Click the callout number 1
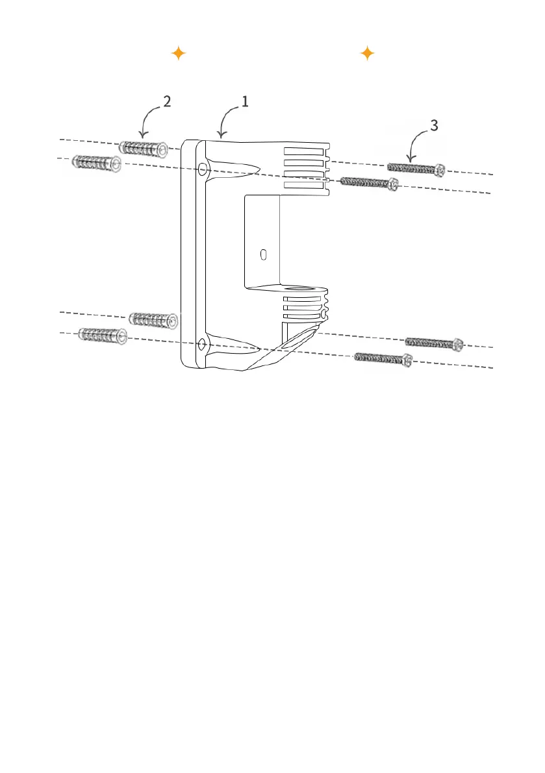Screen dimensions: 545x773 (x=245, y=101)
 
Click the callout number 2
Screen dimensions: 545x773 (x=167, y=102)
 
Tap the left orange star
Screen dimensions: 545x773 (x=179, y=54)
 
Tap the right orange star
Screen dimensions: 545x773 (x=367, y=54)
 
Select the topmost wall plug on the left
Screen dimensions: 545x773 (x=144, y=147)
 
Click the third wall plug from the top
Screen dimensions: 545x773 (x=153, y=319)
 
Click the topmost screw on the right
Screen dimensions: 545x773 (x=416, y=169)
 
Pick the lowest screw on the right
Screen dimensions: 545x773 (x=383, y=358)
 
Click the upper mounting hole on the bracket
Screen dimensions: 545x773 (x=203, y=169)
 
